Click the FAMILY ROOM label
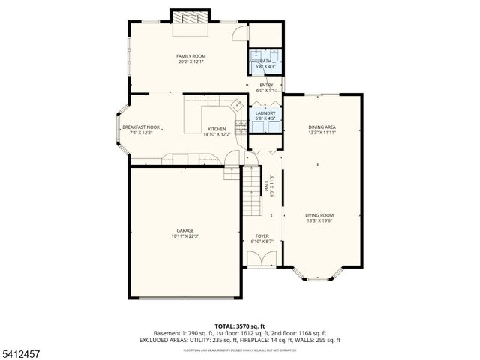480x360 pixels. (190, 56)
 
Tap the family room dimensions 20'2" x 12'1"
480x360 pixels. (190, 61)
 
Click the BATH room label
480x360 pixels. (265, 61)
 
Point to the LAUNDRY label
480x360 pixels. (265, 112)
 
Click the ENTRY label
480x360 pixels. (266, 85)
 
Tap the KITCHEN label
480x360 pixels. (217, 129)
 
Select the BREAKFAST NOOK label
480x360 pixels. (141, 127)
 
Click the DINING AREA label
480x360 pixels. (322, 127)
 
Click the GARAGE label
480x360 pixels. (185, 230)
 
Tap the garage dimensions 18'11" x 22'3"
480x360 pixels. (185, 236)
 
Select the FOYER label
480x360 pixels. (262, 235)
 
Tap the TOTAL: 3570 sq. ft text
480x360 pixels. (240, 325)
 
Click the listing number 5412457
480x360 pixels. (21, 352)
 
